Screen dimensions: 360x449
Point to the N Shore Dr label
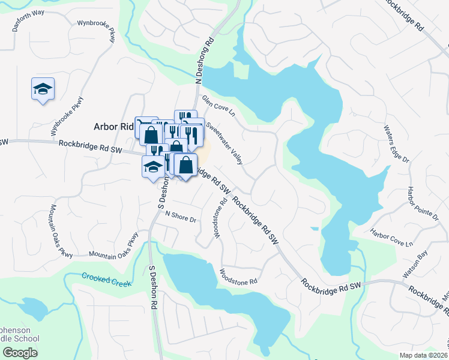click(x=181, y=217)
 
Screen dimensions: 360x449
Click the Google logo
click(x=20, y=353)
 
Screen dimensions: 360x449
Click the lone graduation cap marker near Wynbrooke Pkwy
click(x=43, y=89)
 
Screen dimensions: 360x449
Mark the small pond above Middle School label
click(x=33, y=310)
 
